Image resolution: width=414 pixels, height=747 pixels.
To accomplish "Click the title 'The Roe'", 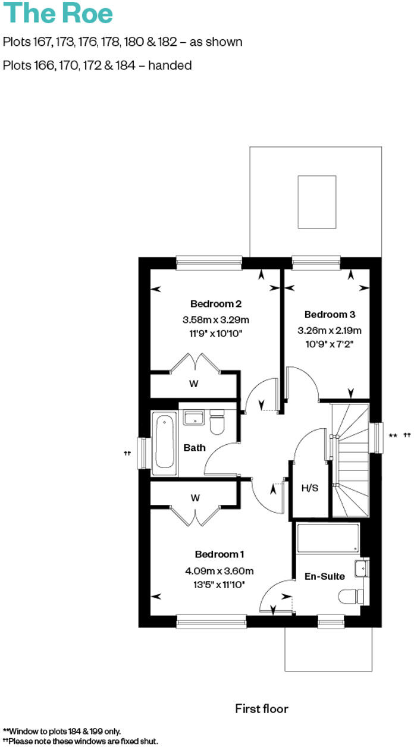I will pos(58,13).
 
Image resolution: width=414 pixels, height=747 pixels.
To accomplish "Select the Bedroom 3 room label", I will pos(329,314).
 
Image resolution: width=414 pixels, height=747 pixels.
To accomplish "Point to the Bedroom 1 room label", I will pos(219,554).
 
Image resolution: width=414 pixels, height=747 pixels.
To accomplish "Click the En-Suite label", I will pos(324,576).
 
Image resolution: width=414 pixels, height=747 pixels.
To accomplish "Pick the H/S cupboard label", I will pos(310,488).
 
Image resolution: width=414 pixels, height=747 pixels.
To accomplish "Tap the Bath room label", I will pos(194,447).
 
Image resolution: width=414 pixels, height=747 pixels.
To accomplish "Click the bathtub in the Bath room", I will pos(164,443).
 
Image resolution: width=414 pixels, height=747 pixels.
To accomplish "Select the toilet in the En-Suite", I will pos(350,595).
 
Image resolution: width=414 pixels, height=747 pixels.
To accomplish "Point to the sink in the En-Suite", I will pos(361,569).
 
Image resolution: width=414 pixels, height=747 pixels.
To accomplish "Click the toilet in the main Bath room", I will pos(217,422).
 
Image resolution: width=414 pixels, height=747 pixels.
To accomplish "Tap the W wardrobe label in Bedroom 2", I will pos(194,384).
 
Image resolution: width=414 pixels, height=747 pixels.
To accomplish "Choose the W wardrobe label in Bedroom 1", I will pos(195,498).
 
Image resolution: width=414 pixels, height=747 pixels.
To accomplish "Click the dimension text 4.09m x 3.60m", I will pos(219,571).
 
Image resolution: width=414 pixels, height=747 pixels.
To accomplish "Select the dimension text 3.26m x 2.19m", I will pos(329,331).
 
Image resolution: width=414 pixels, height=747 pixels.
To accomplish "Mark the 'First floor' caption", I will pos(262,708).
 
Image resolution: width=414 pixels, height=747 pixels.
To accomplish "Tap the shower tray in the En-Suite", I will pos(327,538).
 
